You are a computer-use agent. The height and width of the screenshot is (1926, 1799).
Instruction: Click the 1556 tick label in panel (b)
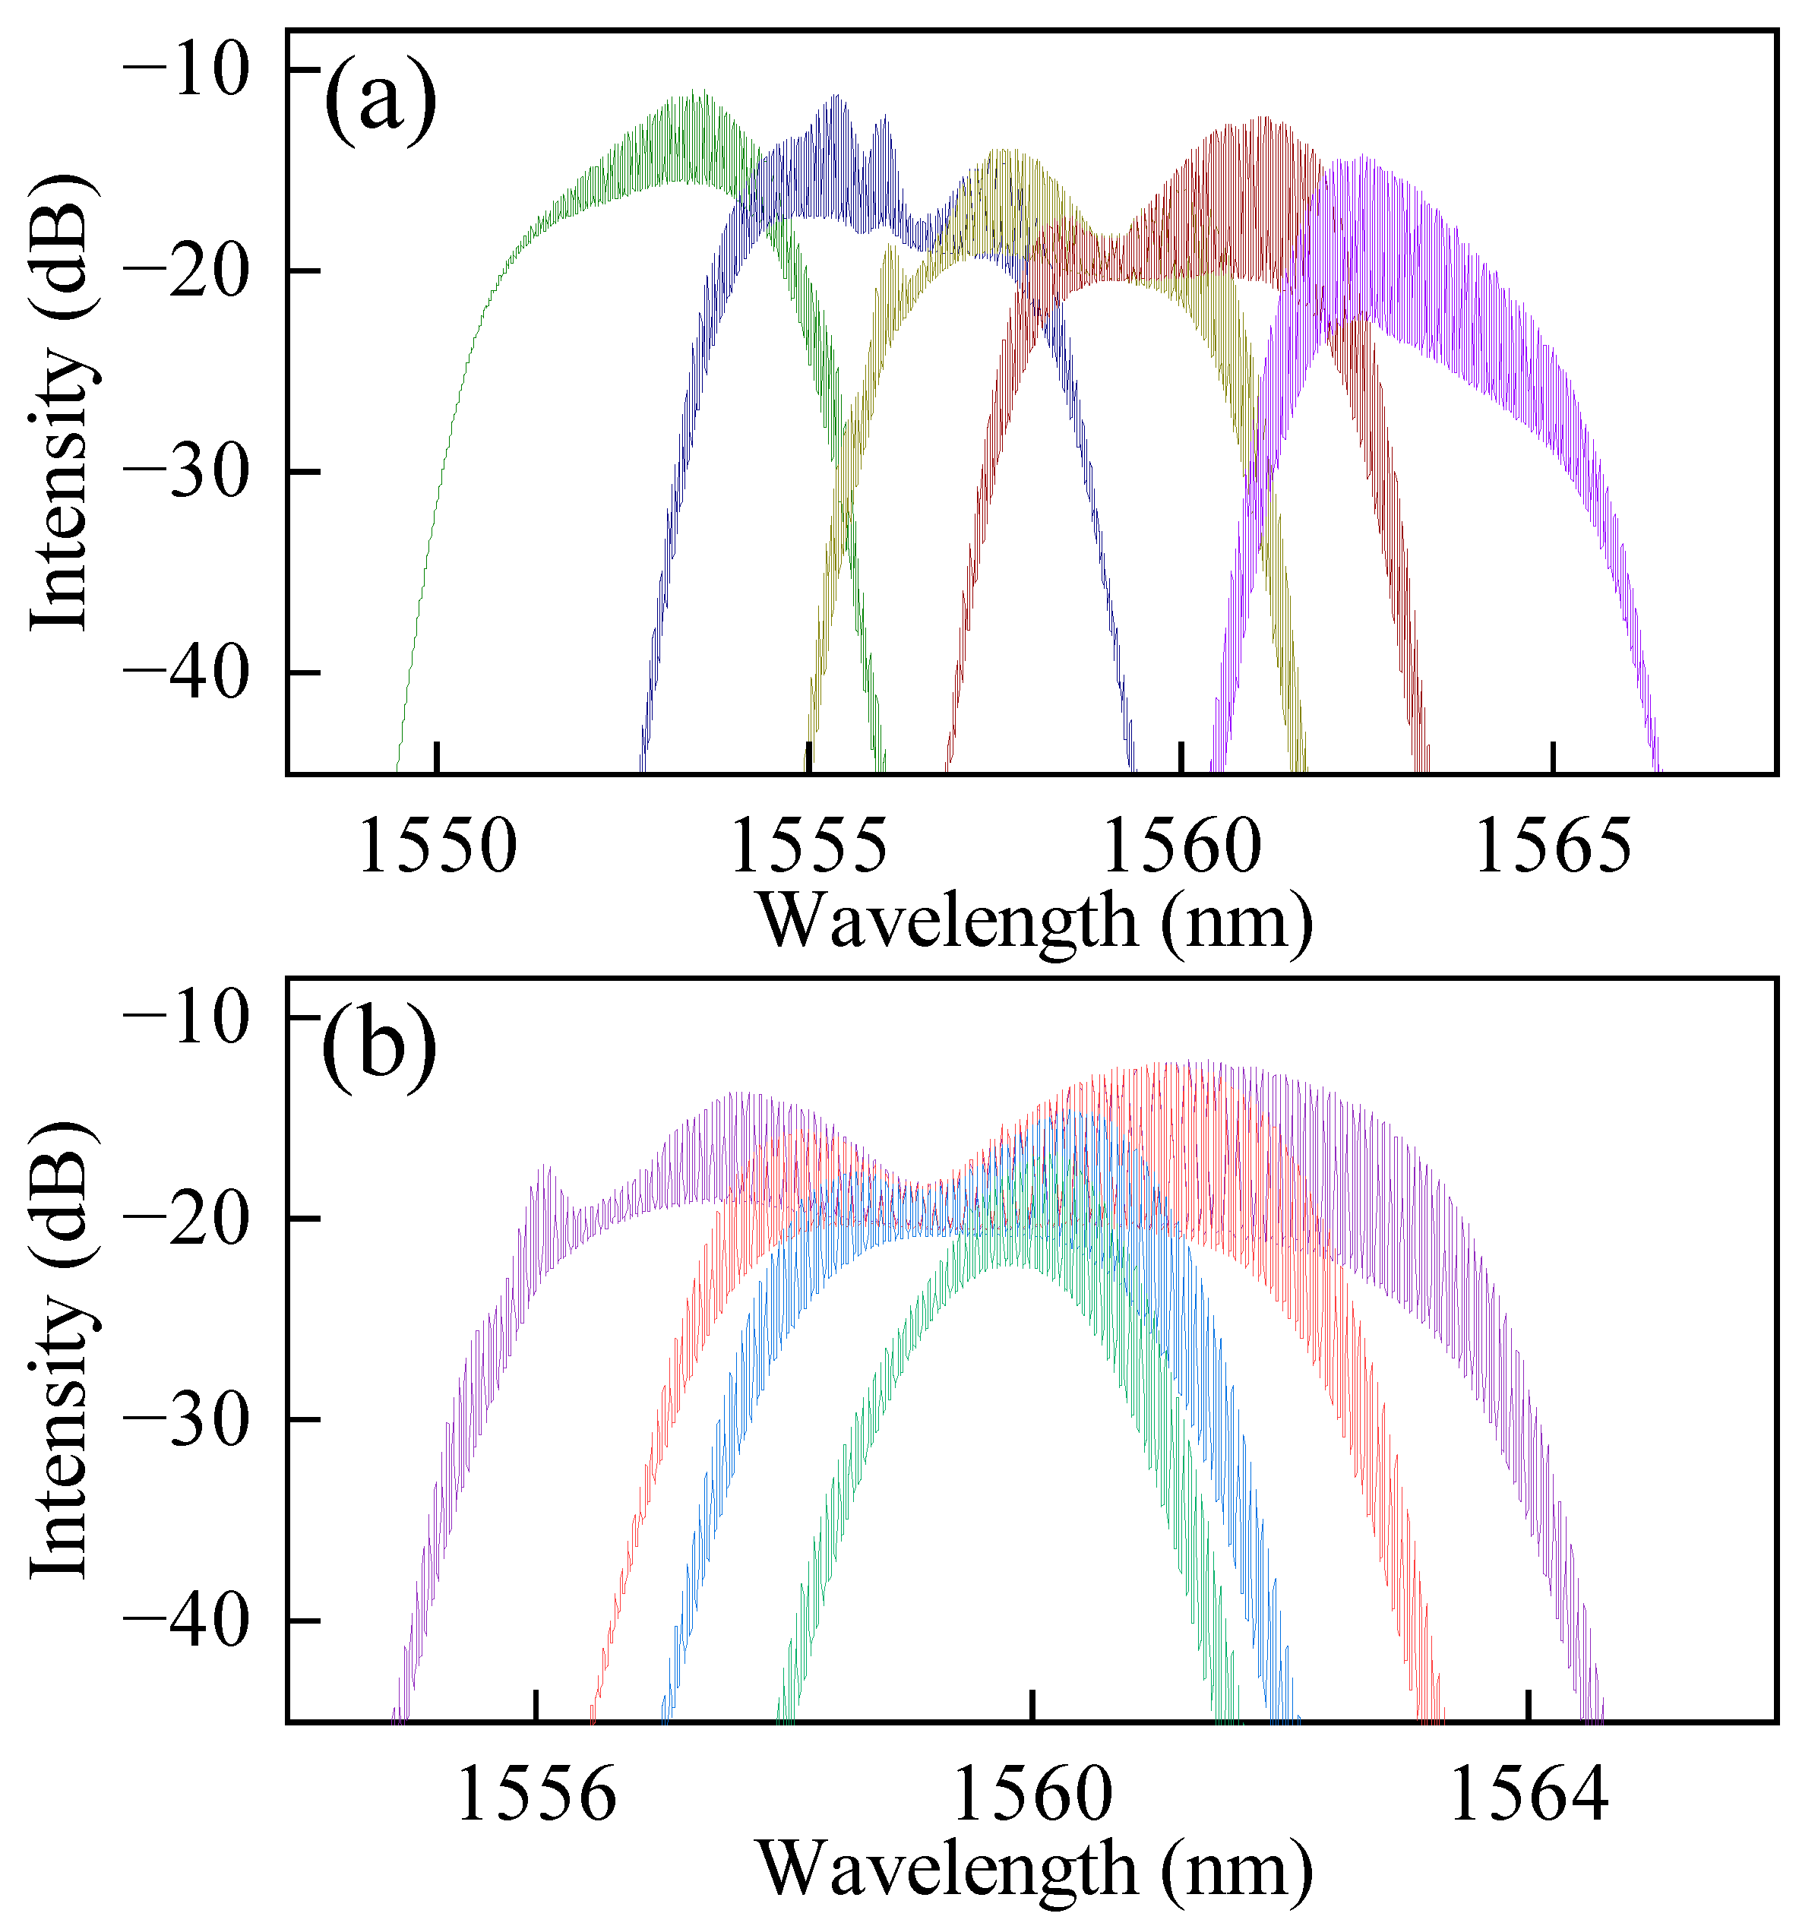click(x=536, y=1795)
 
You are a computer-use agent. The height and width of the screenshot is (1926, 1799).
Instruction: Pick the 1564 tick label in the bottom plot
click(x=1528, y=1795)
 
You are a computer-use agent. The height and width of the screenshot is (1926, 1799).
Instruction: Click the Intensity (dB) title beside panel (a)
click(x=60, y=402)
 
